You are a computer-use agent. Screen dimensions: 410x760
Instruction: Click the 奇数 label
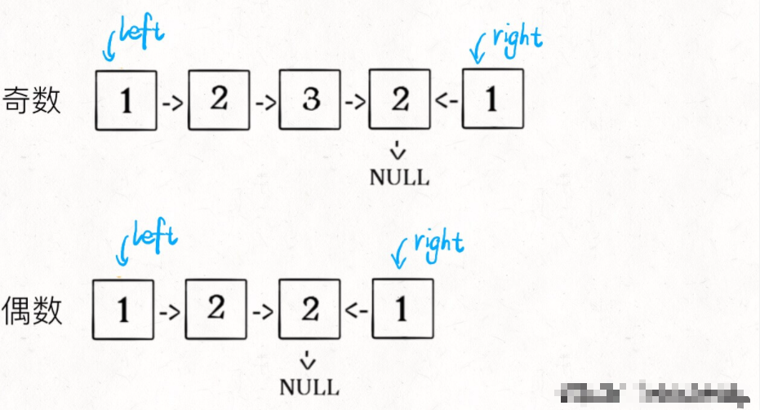33,99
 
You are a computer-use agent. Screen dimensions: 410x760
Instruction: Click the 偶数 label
33,311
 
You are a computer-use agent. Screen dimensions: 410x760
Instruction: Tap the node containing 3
309,99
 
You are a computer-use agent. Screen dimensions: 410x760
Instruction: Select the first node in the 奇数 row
127,100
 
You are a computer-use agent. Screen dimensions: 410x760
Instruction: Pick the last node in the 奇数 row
492,99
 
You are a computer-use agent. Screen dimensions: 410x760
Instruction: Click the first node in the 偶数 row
123,309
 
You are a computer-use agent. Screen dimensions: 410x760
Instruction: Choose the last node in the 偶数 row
402,309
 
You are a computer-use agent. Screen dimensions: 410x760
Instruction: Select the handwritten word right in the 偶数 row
438,242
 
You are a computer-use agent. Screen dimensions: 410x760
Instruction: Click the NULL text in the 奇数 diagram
399,178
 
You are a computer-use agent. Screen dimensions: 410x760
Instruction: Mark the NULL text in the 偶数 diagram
309,386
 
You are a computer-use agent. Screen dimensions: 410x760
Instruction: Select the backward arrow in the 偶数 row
357,311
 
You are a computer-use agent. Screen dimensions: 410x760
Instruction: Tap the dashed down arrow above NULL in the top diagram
399,150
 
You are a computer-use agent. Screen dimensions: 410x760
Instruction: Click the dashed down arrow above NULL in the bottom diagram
309,359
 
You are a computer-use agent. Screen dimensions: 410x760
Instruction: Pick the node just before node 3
218,99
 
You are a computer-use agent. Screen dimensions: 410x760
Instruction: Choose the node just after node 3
400,99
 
